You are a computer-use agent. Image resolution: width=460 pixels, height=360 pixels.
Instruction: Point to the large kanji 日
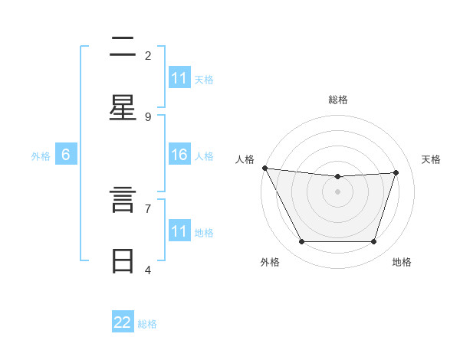pyautogui.click(x=123, y=261)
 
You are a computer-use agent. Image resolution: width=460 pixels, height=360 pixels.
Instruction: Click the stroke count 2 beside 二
pyautogui.click(x=148, y=55)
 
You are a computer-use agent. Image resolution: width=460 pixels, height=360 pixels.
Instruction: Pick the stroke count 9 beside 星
pyautogui.click(x=148, y=116)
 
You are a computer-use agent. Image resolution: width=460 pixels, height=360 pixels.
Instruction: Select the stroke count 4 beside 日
pyautogui.click(x=148, y=270)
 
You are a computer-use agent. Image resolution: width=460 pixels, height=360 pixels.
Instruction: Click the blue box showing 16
pyautogui.click(x=179, y=155)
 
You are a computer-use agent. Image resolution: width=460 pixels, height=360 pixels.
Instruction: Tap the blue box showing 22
pyautogui.click(x=123, y=322)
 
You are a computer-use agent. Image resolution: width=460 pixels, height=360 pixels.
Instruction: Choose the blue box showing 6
pyautogui.click(x=66, y=155)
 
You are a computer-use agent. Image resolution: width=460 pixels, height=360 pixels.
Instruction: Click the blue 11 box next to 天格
pyautogui.click(x=179, y=78)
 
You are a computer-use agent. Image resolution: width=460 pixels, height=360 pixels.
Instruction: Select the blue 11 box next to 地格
pyautogui.click(x=179, y=231)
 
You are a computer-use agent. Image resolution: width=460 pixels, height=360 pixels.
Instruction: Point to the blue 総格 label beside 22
pyautogui.click(x=147, y=324)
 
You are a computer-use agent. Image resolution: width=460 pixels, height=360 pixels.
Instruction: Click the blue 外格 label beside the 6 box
pyautogui.click(x=41, y=156)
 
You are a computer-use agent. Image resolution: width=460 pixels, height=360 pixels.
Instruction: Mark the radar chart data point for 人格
pyautogui.click(x=264, y=168)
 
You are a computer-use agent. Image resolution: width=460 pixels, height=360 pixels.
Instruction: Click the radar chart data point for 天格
pyautogui.click(x=396, y=172)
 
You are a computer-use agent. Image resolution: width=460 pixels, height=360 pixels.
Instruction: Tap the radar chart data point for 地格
pyautogui.click(x=373, y=241)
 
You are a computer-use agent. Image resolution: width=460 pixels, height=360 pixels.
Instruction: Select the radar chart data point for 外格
pyautogui.click(x=301, y=241)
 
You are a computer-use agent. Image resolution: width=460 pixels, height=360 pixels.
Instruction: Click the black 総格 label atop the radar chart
pyautogui.click(x=338, y=100)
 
